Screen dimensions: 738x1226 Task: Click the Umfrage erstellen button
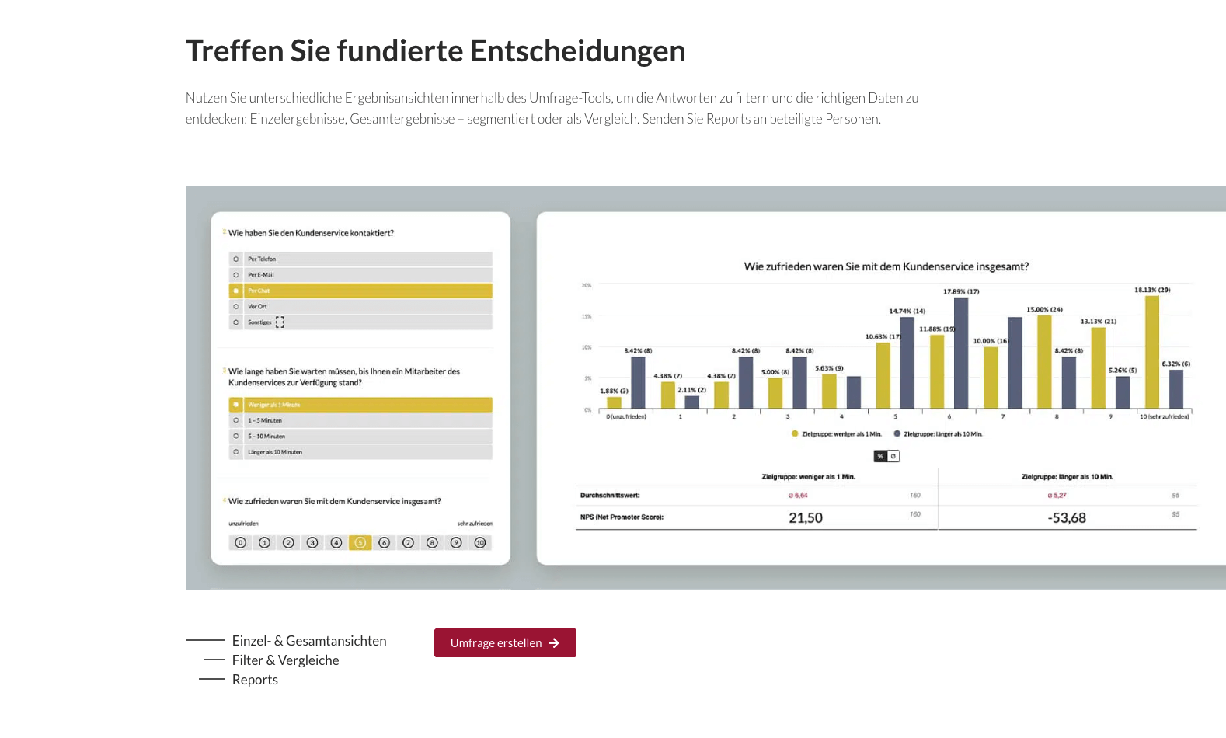pyautogui.click(x=505, y=642)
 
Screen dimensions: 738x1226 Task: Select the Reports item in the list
pyautogui.click(x=255, y=680)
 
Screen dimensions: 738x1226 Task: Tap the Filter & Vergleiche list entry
pyautogui.click(x=285, y=660)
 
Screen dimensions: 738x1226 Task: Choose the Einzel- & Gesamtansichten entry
pyautogui.click(x=308, y=641)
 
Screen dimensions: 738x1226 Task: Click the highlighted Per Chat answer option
pyautogui.click(x=360, y=291)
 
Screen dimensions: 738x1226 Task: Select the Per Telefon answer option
pyautogui.click(x=360, y=259)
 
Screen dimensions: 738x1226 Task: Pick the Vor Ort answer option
pyautogui.click(x=360, y=306)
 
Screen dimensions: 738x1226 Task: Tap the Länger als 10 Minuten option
pyautogui.click(x=360, y=451)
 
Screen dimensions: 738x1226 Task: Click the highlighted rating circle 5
pyautogui.click(x=360, y=543)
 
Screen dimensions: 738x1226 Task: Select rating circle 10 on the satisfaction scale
pyautogui.click(x=480, y=543)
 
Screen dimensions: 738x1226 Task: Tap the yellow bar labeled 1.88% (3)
pyautogui.click(x=614, y=402)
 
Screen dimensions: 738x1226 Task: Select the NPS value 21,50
pyautogui.click(x=806, y=518)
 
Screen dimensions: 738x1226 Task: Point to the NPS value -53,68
pyautogui.click(x=1067, y=518)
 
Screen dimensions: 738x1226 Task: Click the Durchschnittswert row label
pyautogui.click(x=610, y=496)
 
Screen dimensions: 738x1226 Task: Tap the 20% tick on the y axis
pyautogui.click(x=587, y=286)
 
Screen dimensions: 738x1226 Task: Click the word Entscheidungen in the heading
pyautogui.click(x=577, y=51)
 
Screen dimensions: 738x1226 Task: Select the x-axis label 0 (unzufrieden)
pyautogui.click(x=626, y=417)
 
